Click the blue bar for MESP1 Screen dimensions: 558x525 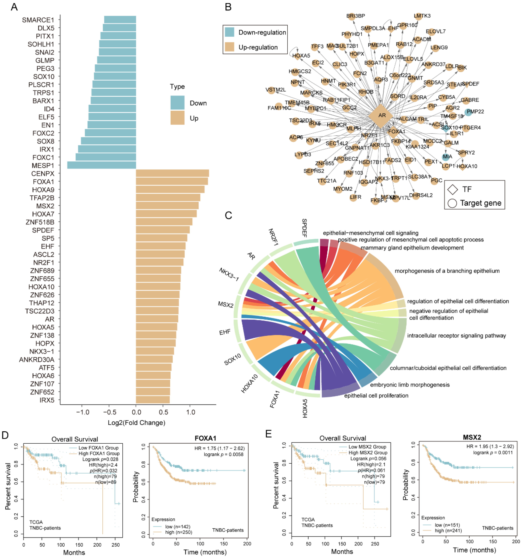[x=102, y=165]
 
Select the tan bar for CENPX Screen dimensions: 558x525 [x=172, y=173]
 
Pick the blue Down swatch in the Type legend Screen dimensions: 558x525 [x=177, y=103]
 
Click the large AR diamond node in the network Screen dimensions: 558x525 [x=382, y=115]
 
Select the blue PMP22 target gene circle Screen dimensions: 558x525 [x=468, y=112]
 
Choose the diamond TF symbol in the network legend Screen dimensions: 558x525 [x=453, y=190]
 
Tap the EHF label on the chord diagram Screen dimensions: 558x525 [x=225, y=332]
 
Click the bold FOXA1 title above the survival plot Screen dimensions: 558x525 [x=205, y=438]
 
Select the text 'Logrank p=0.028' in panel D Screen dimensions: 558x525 [x=100, y=459]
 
